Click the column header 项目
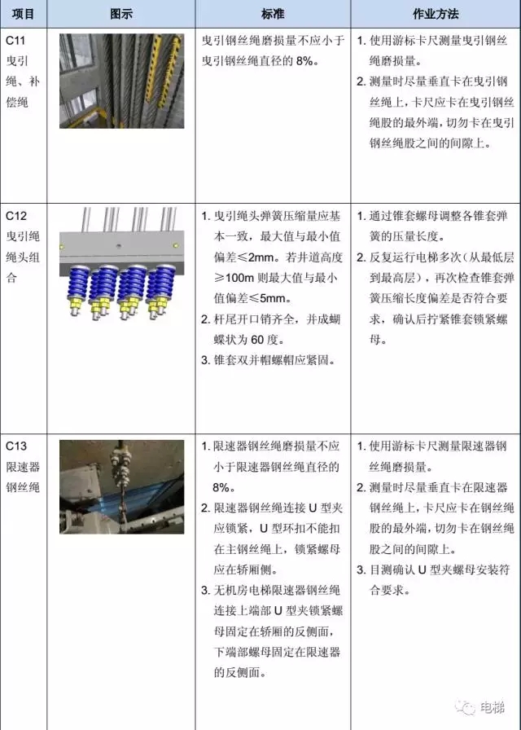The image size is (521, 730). point(23,14)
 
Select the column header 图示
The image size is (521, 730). point(121,14)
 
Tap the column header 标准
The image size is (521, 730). point(273,14)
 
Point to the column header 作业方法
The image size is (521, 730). point(436,14)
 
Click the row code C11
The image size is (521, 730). point(15,41)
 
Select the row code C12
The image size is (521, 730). point(15,216)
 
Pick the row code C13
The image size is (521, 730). point(15,446)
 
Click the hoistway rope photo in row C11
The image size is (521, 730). point(121,81)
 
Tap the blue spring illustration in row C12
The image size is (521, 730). point(121,263)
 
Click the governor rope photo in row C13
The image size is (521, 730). point(121,487)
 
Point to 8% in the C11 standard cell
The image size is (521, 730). point(304,61)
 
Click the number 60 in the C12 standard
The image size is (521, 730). point(257,340)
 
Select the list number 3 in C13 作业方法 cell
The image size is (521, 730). point(361,569)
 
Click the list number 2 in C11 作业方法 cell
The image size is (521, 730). point(361,81)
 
